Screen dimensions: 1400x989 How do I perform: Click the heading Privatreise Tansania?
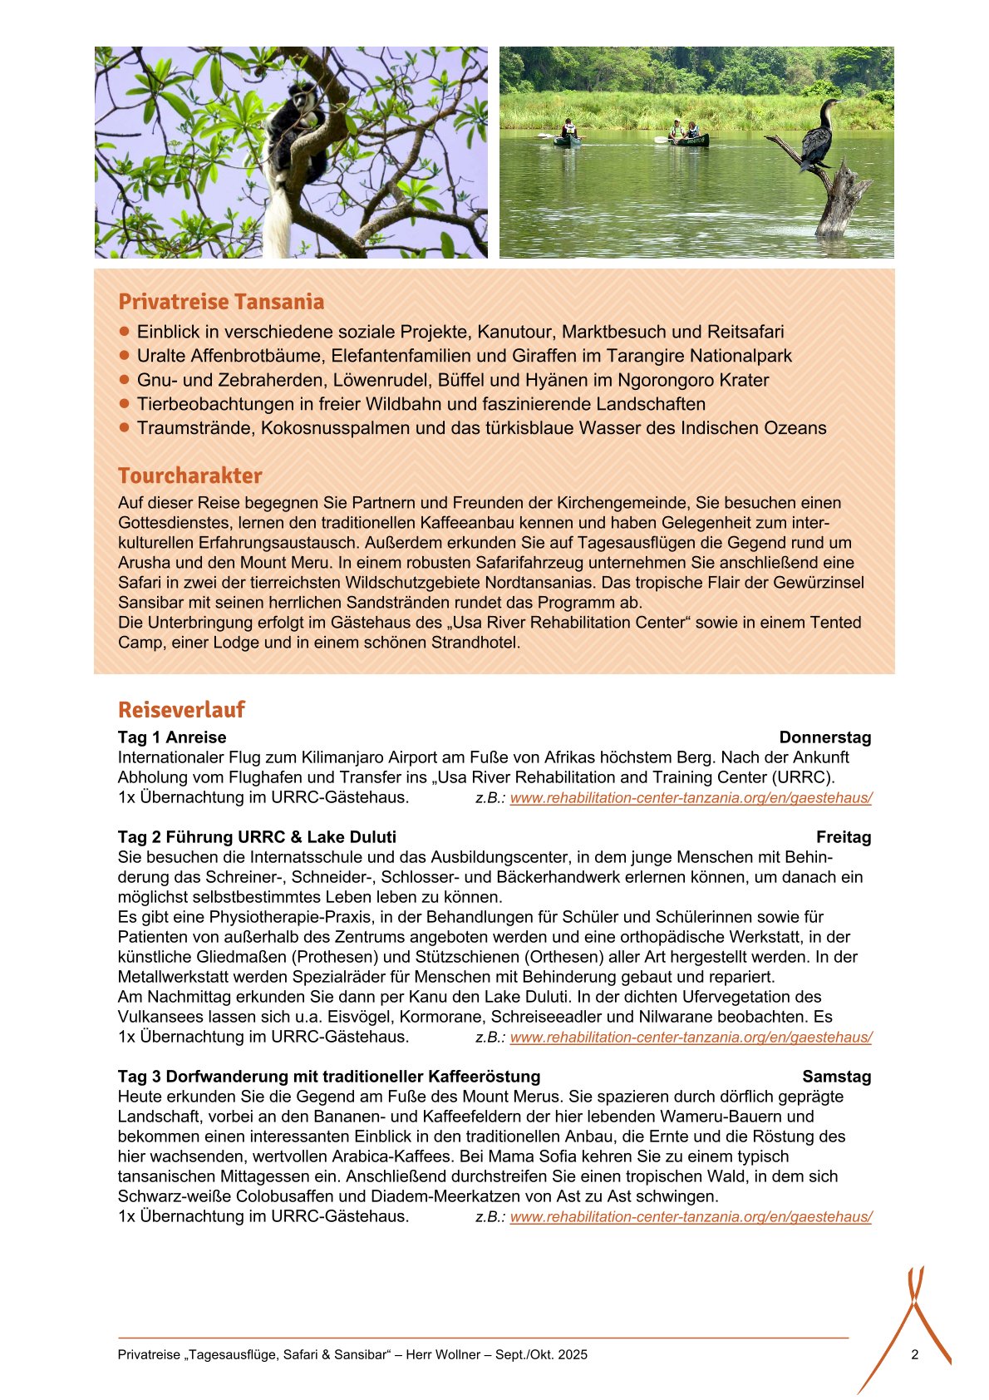click(221, 302)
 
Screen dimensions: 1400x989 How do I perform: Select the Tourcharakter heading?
click(189, 476)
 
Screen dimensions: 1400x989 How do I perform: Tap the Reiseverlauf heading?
click(181, 710)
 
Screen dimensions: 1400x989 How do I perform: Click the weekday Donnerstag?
click(824, 737)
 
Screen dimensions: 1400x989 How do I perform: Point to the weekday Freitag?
click(843, 837)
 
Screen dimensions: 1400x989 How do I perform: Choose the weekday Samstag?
click(836, 1077)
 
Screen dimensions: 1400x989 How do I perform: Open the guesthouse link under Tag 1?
click(691, 798)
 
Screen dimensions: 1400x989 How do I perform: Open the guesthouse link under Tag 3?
click(691, 1217)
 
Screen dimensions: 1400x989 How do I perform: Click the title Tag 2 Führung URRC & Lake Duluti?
click(257, 837)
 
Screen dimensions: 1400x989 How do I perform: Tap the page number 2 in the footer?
click(914, 1354)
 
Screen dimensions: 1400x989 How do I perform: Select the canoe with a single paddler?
click(568, 136)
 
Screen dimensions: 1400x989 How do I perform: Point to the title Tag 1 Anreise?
click(172, 737)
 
